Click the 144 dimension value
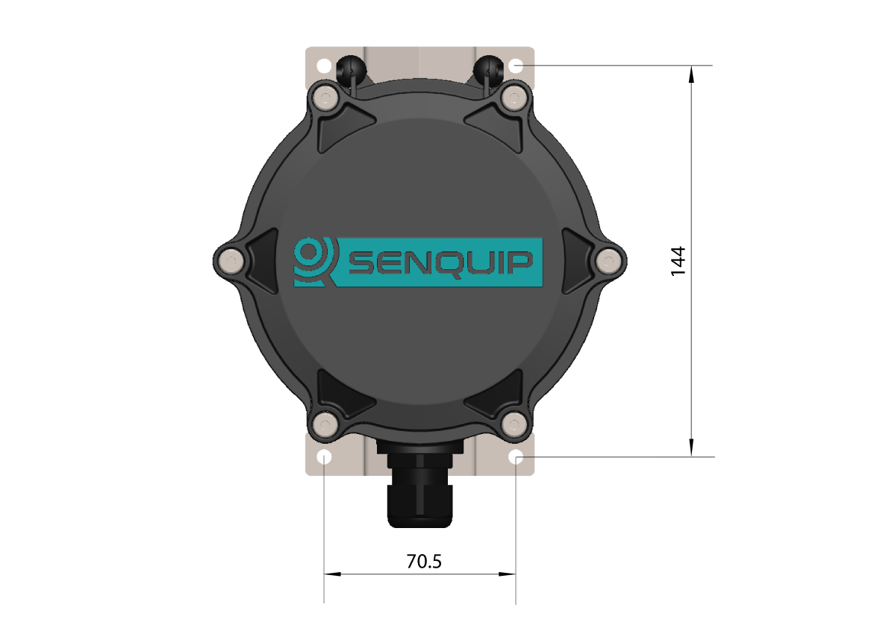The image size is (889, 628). tap(679, 261)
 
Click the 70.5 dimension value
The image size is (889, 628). tap(424, 561)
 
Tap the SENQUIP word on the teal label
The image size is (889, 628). tap(440, 263)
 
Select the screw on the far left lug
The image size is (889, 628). tap(230, 261)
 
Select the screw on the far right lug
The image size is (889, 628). tap(610, 261)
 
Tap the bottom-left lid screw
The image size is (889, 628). tap(325, 424)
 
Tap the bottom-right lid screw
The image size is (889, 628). tap(514, 424)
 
